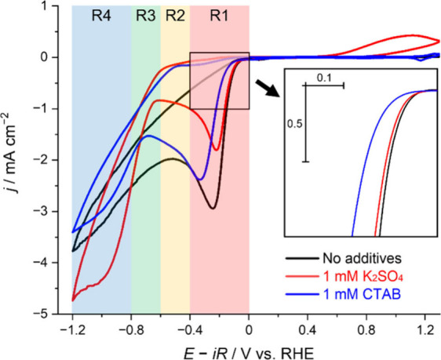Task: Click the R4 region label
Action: coord(101,16)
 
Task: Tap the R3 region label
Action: coord(146,16)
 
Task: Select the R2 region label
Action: coord(175,16)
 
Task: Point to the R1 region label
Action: coord(220,16)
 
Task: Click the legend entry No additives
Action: coord(363,258)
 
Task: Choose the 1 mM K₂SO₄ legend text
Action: coord(363,277)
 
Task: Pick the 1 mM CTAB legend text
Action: coord(362,295)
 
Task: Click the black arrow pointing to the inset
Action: coord(268,89)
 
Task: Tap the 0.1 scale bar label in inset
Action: coord(324,78)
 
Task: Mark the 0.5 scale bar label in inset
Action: coord(294,124)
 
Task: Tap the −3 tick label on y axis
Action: coord(42,211)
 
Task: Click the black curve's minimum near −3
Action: coord(213,209)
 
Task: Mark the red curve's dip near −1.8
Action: coord(217,150)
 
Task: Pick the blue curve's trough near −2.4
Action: coord(200,180)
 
